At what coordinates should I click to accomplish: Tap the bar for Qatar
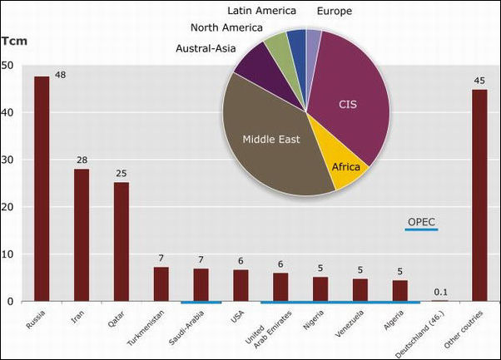(122, 242)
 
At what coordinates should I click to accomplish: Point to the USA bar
(241, 285)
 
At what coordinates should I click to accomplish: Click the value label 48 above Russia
(60, 75)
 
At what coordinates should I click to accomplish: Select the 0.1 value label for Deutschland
(440, 292)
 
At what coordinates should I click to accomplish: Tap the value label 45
(479, 81)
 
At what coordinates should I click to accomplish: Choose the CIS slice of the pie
(347, 104)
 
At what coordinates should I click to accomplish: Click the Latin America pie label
(263, 10)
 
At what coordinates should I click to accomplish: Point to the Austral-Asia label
(205, 48)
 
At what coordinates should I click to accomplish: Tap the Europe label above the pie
(335, 11)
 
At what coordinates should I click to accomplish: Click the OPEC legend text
(421, 221)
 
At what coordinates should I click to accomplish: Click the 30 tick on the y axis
(7, 160)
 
